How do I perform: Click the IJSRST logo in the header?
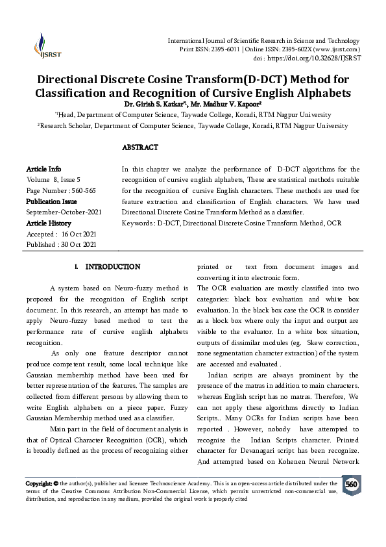43,45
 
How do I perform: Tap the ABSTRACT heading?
139,147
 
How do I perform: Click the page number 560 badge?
351,485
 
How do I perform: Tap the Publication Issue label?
51,201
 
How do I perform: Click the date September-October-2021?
64,212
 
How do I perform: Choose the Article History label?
49,223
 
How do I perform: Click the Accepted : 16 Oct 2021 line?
60,234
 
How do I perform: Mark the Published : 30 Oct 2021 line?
61,244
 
